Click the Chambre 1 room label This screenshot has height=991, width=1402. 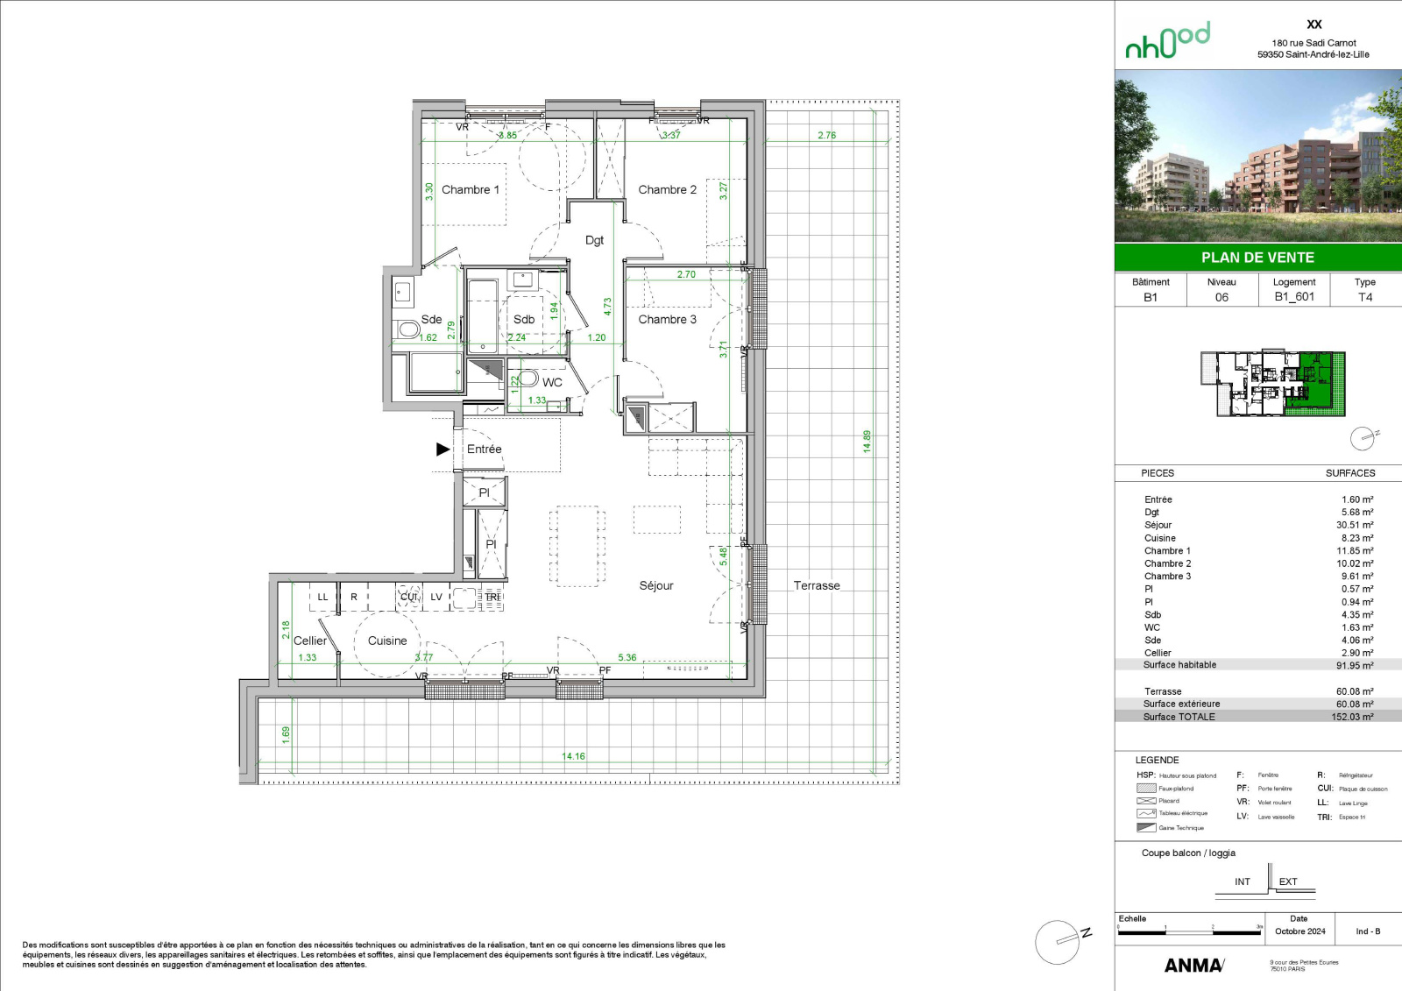coord(470,190)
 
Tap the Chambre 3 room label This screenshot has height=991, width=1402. coord(667,320)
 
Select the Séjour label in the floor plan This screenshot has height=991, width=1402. coord(656,586)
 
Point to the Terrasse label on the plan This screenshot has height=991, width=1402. coord(817,586)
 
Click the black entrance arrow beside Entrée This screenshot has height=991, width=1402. coord(443,449)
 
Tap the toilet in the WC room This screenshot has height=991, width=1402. coord(527,379)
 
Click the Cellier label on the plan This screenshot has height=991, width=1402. coord(309,641)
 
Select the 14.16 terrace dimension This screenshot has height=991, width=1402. coord(573,756)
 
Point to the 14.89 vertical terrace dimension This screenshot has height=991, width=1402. coord(867,441)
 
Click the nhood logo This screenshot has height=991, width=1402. coord(1167,41)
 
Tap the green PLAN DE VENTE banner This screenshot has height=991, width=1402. coord(1257,258)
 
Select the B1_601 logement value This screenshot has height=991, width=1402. coord(1294,297)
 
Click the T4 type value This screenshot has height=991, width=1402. coord(1365,297)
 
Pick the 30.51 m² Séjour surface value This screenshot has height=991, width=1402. coord(1355,525)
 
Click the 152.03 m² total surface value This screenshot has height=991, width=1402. coord(1352,717)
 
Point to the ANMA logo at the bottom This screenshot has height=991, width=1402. coord(1193,966)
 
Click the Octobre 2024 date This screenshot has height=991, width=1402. coord(1299,931)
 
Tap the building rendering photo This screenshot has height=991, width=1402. coord(1257,156)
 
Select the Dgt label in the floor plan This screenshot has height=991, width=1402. coord(594,240)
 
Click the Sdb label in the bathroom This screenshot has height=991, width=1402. coord(524,320)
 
